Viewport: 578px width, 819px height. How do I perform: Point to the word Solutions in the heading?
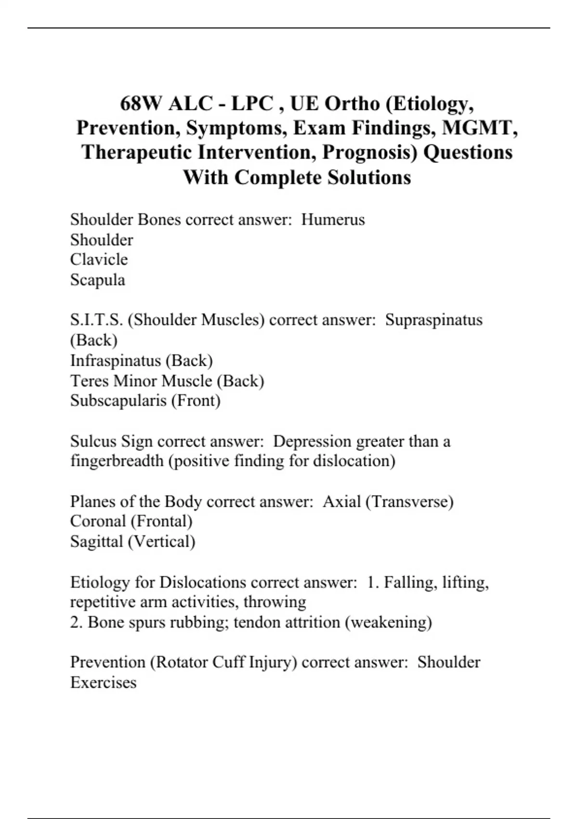pyautogui.click(x=369, y=177)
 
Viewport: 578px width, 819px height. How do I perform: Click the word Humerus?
pyautogui.click(x=333, y=220)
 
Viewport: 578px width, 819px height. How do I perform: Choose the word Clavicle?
pyautogui.click(x=99, y=260)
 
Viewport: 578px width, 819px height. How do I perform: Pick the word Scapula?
pyautogui.click(x=97, y=280)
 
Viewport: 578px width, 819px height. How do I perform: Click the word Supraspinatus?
pyautogui.click(x=433, y=320)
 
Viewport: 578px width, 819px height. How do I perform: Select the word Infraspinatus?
pyautogui.click(x=116, y=361)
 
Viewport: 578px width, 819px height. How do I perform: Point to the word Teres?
pyautogui.click(x=90, y=381)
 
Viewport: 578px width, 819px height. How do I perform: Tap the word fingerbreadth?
pyautogui.click(x=117, y=462)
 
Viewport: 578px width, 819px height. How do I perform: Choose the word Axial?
pyautogui.click(x=342, y=502)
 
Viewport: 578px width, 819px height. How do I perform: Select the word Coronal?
pyautogui.click(x=98, y=521)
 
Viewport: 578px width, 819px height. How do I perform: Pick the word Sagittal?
pyautogui.click(x=96, y=542)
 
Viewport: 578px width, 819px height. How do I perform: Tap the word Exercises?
pyautogui.click(x=103, y=683)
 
